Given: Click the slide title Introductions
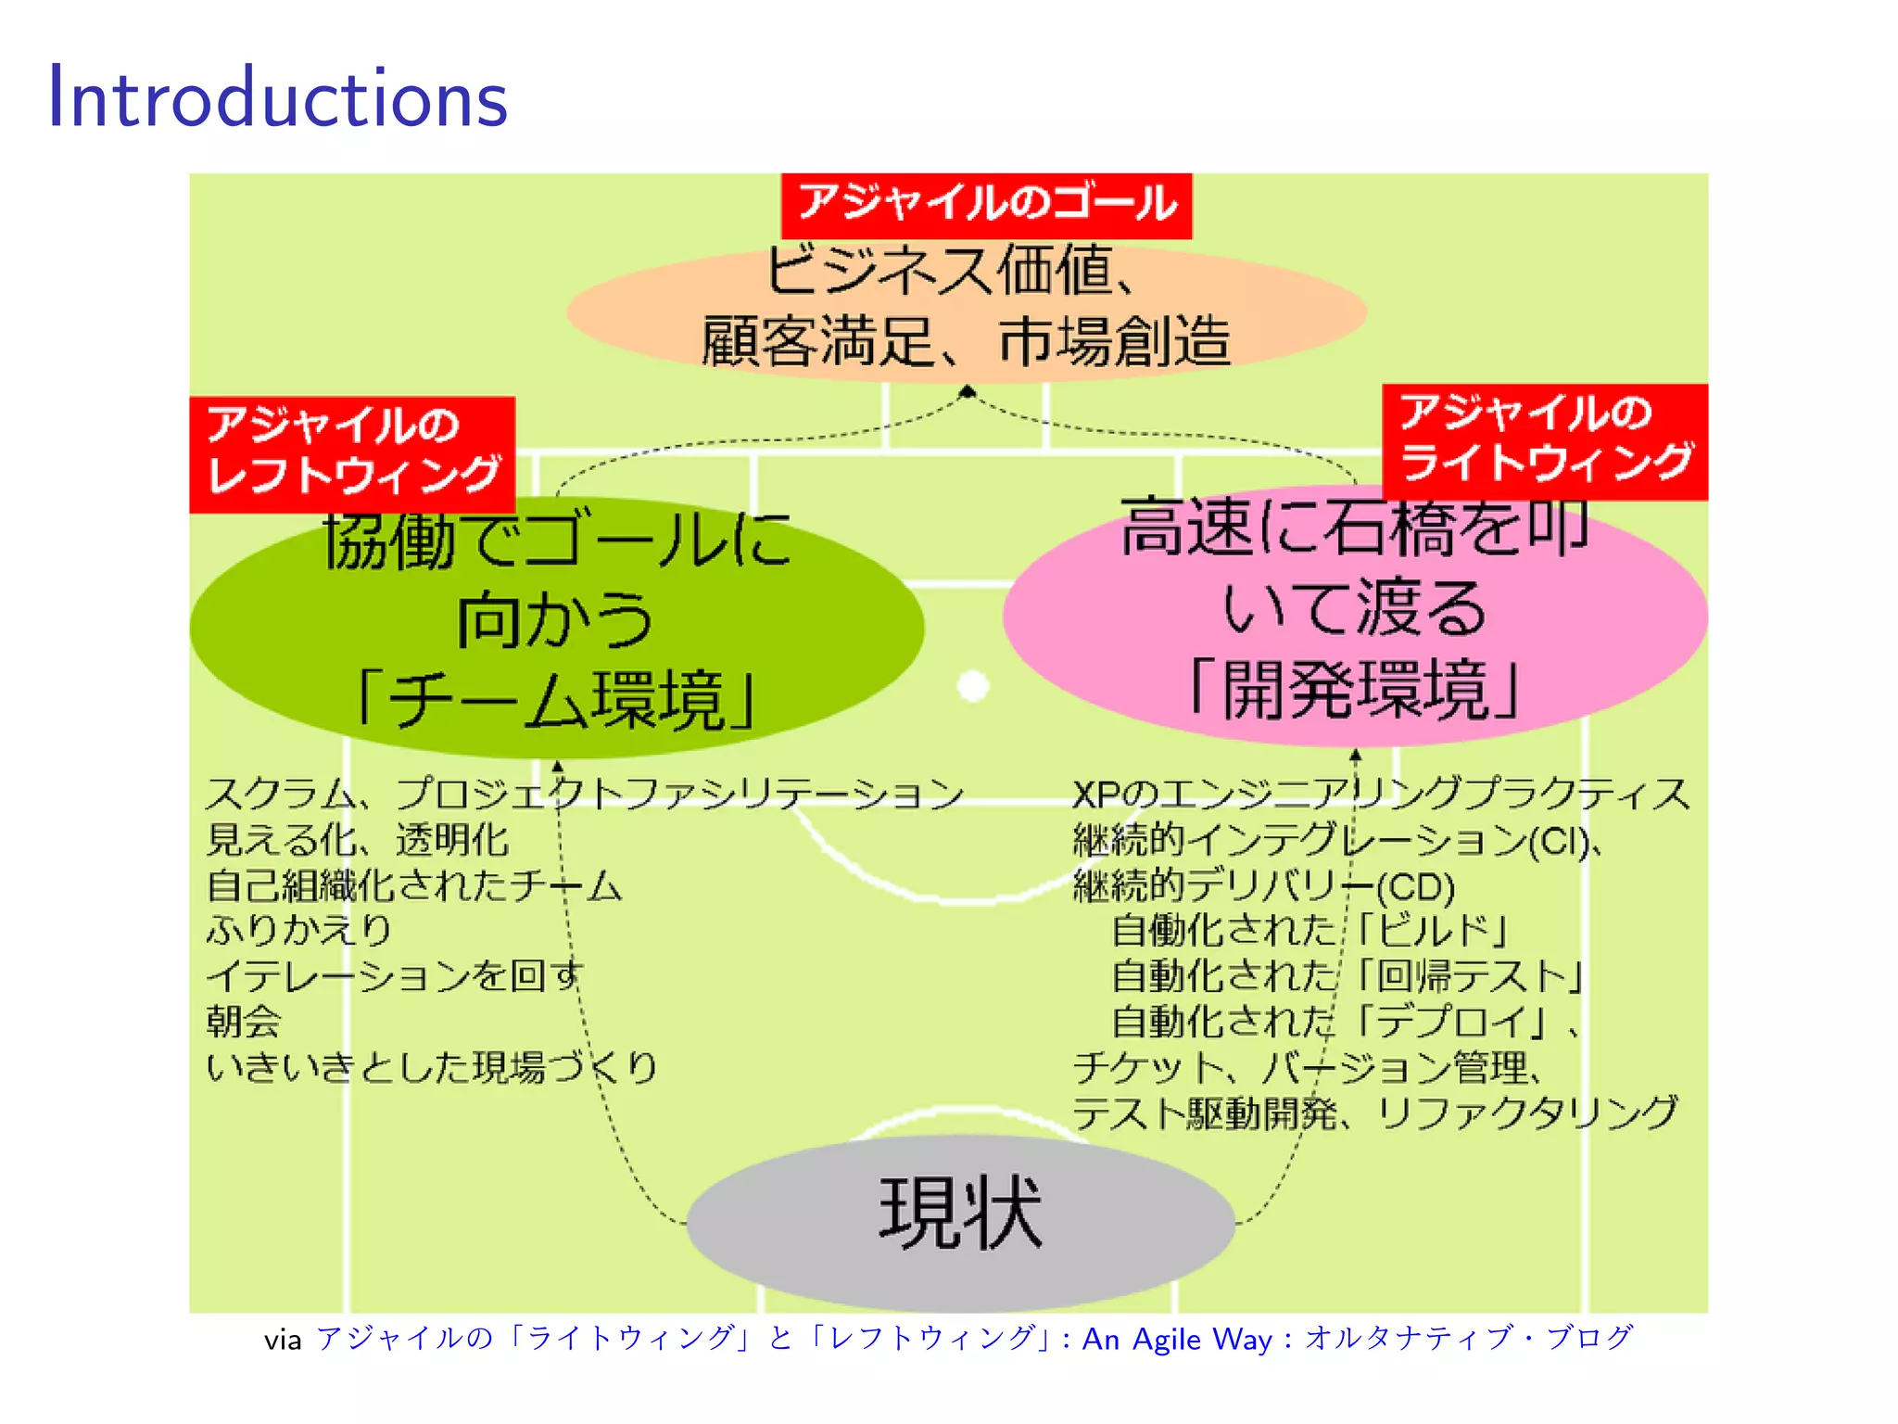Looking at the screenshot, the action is click(277, 97).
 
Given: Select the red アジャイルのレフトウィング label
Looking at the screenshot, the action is click(352, 453).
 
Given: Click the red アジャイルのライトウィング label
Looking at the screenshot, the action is click(1544, 441).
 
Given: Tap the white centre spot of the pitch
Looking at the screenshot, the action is click(973, 687).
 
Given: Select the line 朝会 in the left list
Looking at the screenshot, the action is click(243, 1022).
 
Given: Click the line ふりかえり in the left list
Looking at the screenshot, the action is click(299, 930).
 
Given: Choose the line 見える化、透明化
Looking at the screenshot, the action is click(357, 840).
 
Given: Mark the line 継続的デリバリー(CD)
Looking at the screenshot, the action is click(1263, 886).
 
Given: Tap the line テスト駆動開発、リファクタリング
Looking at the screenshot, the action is click(1375, 1113).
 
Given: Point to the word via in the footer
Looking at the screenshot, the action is click(283, 1341).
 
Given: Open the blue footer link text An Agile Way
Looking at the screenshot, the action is click(1177, 1340).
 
